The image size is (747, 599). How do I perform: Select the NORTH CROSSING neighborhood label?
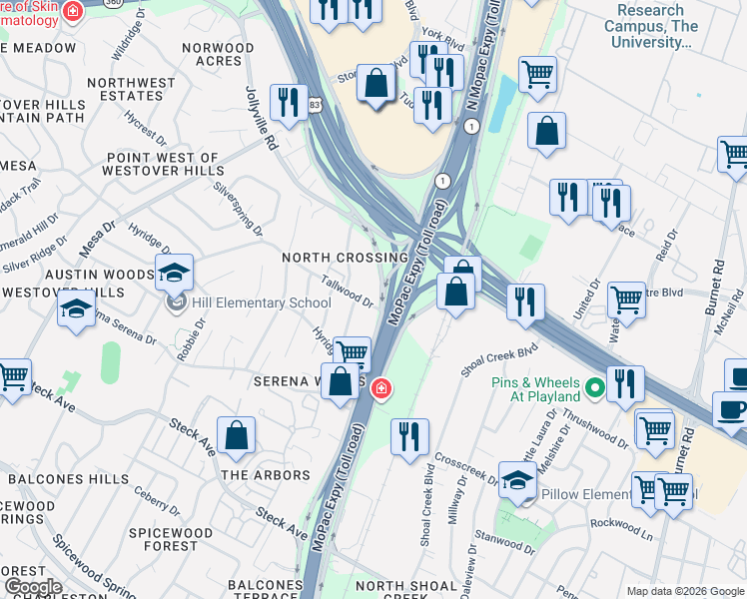[345, 258]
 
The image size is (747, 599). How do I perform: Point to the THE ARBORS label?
[265, 475]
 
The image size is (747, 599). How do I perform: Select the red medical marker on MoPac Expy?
[380, 388]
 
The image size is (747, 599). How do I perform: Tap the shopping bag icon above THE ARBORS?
[236, 435]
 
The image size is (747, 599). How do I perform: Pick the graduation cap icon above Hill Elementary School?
[174, 272]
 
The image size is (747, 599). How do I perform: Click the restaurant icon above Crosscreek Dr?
[409, 436]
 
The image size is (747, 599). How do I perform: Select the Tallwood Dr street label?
[349, 293]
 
